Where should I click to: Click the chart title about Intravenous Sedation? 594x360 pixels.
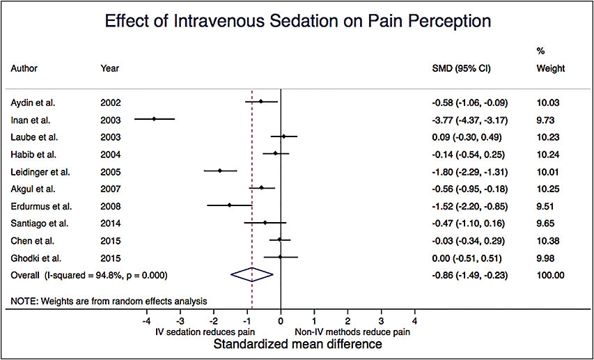(297, 21)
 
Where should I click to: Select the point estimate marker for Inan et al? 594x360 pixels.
(155, 119)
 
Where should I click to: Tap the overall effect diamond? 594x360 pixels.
(252, 275)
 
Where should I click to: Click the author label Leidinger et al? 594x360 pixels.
(40, 171)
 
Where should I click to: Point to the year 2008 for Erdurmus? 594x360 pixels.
(111, 206)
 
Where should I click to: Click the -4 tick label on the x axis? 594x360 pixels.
(145, 322)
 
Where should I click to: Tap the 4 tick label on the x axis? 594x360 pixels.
(415, 322)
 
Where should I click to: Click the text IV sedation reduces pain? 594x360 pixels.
(203, 332)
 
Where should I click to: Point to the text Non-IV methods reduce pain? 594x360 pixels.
(352, 332)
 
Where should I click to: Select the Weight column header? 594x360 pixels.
(550, 69)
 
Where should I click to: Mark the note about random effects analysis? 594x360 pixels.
(109, 301)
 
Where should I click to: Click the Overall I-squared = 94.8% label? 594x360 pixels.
(89, 275)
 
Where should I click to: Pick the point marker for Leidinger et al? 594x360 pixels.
(219, 171)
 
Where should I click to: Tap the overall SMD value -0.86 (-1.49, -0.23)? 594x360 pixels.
(469, 275)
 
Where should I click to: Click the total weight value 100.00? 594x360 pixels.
(550, 275)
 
